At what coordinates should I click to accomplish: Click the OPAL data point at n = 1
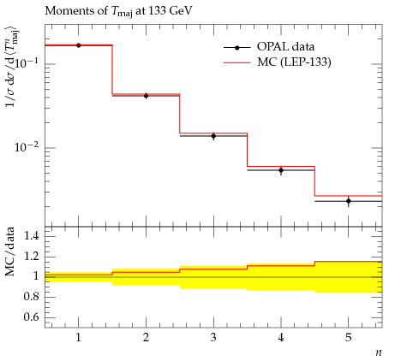(x=79, y=45)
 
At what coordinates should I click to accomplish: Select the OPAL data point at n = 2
(x=146, y=96)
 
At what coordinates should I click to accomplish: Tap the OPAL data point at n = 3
(x=213, y=136)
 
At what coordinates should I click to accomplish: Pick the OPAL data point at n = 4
(x=281, y=170)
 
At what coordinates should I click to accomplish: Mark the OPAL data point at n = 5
(x=349, y=201)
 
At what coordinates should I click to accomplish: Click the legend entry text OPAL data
(x=285, y=47)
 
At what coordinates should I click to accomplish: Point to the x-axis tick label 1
(x=78, y=338)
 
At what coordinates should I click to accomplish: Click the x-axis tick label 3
(x=213, y=338)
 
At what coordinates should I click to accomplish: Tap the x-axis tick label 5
(x=349, y=338)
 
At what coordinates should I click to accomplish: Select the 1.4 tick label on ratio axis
(x=32, y=235)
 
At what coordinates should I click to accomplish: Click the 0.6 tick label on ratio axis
(x=32, y=317)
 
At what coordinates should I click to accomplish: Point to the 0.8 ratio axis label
(x=32, y=297)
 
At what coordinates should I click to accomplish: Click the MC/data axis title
(x=9, y=252)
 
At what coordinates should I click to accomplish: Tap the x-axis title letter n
(x=379, y=352)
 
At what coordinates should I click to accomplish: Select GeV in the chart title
(x=181, y=11)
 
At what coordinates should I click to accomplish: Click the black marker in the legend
(x=236, y=48)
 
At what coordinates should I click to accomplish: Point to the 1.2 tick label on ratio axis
(x=32, y=256)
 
